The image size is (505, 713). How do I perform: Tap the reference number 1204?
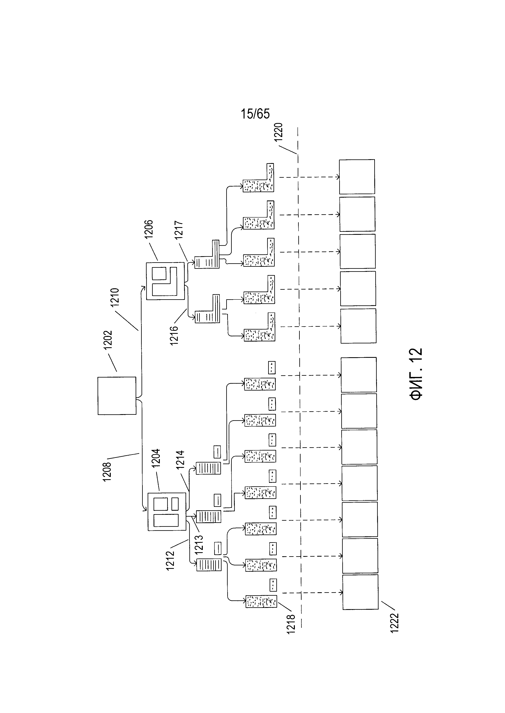tap(156, 458)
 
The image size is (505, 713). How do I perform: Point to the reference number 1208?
tap(107, 472)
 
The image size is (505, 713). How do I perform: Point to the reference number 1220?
tap(278, 132)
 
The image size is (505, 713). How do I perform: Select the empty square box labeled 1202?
tap(117, 396)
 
